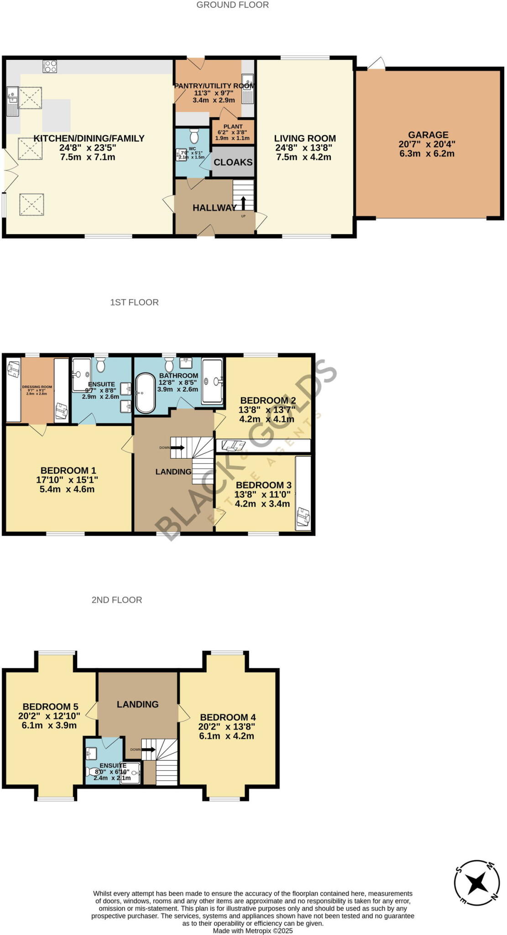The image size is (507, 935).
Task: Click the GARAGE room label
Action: point(428,135)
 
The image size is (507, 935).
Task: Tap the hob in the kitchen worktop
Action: point(50,67)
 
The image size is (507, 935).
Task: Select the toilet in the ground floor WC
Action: point(194,136)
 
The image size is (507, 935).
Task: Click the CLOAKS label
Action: point(233,162)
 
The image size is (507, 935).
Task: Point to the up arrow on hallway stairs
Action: point(243,203)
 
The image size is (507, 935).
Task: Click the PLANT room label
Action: point(233,126)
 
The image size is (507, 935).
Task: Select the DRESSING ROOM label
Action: point(37,387)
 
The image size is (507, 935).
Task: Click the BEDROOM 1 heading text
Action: point(68,470)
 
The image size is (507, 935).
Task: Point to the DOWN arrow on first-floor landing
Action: point(178,447)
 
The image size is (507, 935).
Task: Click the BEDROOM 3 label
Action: point(263,485)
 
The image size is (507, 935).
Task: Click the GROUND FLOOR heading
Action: point(232,5)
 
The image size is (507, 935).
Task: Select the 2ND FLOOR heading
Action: point(117,600)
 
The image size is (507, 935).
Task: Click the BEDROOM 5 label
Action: point(50,707)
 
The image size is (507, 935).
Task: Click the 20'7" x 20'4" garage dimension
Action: point(427,144)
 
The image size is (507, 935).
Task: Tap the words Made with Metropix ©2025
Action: point(253,930)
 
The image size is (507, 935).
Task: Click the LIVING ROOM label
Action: point(305,138)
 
